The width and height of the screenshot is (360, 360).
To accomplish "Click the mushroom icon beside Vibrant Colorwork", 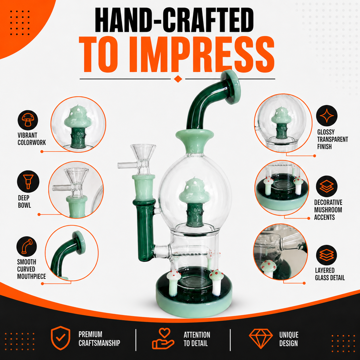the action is pos(28,120).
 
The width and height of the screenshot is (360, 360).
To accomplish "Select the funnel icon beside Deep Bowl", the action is pos(28,181).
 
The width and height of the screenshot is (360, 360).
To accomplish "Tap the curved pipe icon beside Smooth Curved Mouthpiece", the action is pos(27,246).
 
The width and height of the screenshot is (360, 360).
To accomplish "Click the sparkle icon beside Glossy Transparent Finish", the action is pos(327,116).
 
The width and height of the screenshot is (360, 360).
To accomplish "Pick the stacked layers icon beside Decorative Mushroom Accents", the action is pos(327,186).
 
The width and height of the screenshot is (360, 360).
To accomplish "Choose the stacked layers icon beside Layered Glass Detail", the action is pos(327,256).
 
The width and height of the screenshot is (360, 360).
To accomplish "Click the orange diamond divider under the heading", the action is pos(178,79).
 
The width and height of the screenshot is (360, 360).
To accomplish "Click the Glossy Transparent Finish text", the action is pos(332,139).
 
